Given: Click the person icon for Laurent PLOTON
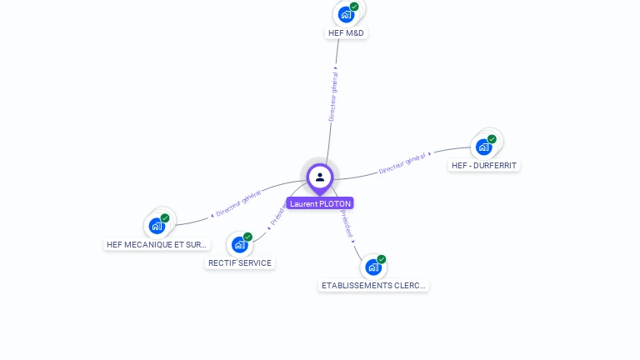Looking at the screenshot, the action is (x=320, y=177).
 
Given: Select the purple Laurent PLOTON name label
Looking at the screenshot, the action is (x=320, y=203).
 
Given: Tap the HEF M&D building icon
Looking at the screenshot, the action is (x=346, y=14).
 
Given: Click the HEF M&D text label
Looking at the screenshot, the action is (x=346, y=33).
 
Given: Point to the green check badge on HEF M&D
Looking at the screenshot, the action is (x=354, y=7).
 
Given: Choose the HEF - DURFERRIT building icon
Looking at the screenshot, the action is (x=483, y=147).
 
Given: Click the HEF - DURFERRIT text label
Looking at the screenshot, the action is (x=484, y=166).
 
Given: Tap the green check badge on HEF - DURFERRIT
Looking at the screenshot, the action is (x=492, y=139).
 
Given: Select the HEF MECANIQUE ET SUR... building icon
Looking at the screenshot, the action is (x=157, y=226).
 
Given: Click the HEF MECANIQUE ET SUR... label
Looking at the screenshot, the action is (x=157, y=245).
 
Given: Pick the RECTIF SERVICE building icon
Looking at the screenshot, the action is (x=240, y=245).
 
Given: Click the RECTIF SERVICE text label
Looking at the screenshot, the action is (x=240, y=263).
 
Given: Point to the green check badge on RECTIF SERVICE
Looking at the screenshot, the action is (x=247, y=237).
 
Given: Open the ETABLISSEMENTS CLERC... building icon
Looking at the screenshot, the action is (x=373, y=267).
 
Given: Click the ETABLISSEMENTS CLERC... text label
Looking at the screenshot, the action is (x=374, y=286).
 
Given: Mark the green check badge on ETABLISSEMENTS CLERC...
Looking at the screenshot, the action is (x=382, y=259).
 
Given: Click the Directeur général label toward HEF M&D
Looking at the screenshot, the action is (x=333, y=97).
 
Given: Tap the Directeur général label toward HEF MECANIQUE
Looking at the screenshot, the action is (x=238, y=202).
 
